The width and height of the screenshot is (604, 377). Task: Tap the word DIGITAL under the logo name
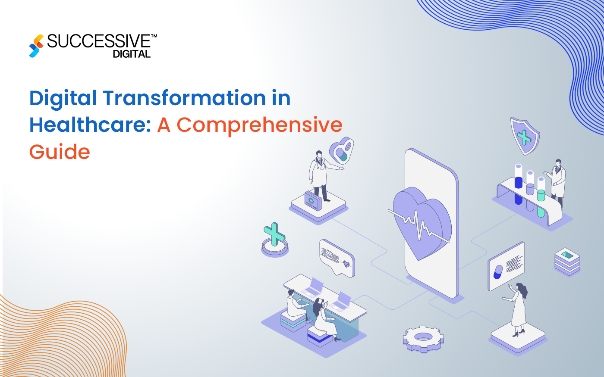(132, 54)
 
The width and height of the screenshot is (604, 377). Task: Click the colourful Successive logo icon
(36, 46)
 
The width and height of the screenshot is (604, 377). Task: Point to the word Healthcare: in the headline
(90, 125)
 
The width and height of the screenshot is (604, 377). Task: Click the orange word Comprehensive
(259, 125)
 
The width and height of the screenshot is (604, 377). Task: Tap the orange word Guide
(60, 152)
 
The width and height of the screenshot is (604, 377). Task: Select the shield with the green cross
(525, 136)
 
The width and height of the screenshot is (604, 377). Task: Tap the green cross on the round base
(274, 235)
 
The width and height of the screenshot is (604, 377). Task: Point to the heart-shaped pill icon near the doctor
(341, 151)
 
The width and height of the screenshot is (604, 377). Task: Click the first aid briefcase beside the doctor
(312, 200)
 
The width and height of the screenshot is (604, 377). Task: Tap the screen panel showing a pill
(506, 266)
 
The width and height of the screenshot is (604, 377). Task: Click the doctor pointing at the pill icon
(320, 174)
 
